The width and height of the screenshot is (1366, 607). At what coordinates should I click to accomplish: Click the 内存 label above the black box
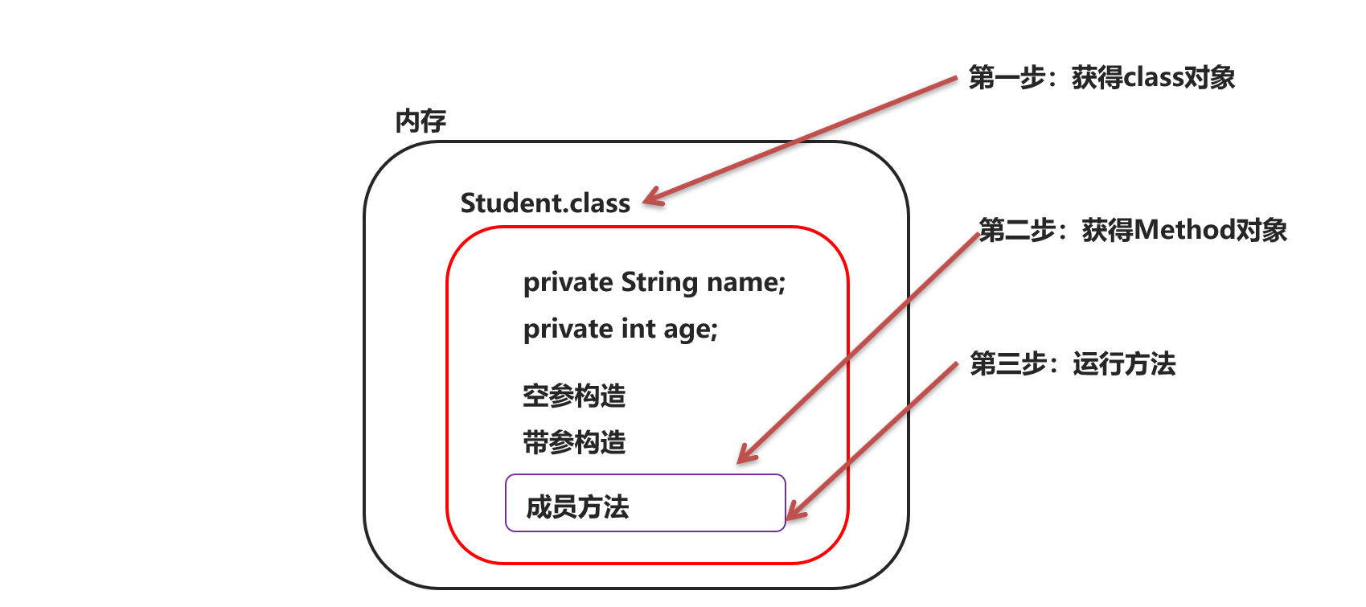pos(420,121)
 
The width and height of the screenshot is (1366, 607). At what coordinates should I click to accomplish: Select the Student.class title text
pos(545,203)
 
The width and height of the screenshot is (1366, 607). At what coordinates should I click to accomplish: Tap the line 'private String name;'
pos(654,282)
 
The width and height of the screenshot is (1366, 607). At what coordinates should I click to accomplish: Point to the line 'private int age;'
pos(620,329)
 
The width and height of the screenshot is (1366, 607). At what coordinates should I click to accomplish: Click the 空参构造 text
pos(574,396)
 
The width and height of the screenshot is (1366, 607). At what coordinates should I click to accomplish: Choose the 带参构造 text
pos(574,442)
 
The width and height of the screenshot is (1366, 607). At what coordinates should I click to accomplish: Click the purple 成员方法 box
pos(645,503)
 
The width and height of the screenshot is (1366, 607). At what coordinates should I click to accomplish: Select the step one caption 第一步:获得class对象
pos(1101,78)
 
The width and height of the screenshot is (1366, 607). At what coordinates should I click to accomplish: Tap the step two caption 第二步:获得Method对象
pos(1132,231)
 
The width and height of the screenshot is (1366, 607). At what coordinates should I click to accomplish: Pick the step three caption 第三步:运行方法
pos(1073,364)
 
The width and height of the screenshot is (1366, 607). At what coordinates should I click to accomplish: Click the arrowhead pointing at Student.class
pos(652,197)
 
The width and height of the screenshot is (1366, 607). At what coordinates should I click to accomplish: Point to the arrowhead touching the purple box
pos(794,511)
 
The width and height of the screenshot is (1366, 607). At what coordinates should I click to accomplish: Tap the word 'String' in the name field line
pos(659,282)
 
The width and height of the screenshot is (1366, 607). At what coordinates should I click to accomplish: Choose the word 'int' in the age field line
pos(638,329)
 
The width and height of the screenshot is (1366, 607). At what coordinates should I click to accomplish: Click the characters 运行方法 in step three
pos(1124,364)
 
